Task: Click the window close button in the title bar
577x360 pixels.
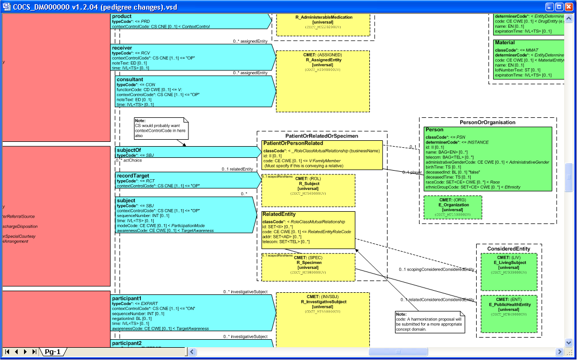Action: [x=568, y=7]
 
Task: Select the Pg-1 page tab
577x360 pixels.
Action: [x=52, y=352]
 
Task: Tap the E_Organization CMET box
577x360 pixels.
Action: [x=453, y=207]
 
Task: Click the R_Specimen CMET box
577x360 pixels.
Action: [x=309, y=266]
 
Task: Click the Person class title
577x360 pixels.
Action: [x=434, y=130]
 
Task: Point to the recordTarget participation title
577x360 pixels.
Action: [x=133, y=175]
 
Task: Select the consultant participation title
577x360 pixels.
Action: [x=130, y=79]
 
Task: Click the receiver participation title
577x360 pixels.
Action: [x=122, y=48]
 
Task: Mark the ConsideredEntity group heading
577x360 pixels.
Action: [x=509, y=249]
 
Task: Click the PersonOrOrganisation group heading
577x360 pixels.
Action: [x=487, y=122]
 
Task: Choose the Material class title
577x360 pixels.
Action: [x=504, y=43]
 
